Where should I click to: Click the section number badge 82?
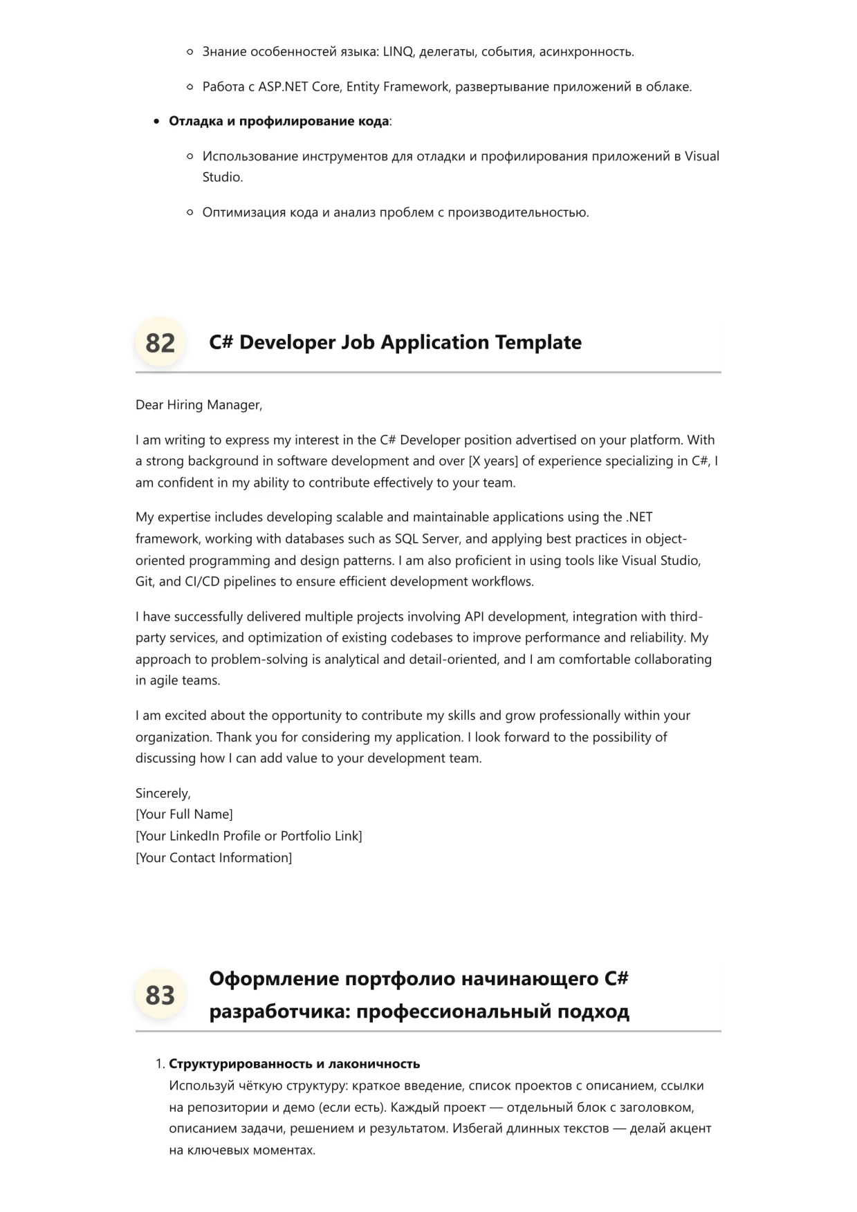(x=160, y=343)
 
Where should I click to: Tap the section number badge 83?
(x=160, y=996)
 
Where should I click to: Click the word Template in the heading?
(x=538, y=342)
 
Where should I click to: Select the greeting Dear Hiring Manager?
(x=199, y=405)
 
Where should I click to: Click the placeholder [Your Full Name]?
(x=184, y=814)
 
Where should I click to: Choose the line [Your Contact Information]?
(x=214, y=858)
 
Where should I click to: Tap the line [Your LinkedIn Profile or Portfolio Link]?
(x=248, y=836)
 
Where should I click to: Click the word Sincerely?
(x=163, y=794)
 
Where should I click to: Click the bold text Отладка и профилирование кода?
(x=278, y=122)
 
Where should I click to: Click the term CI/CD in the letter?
(x=202, y=581)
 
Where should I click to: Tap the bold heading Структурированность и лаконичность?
(x=294, y=1064)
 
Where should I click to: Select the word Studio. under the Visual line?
(x=223, y=178)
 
